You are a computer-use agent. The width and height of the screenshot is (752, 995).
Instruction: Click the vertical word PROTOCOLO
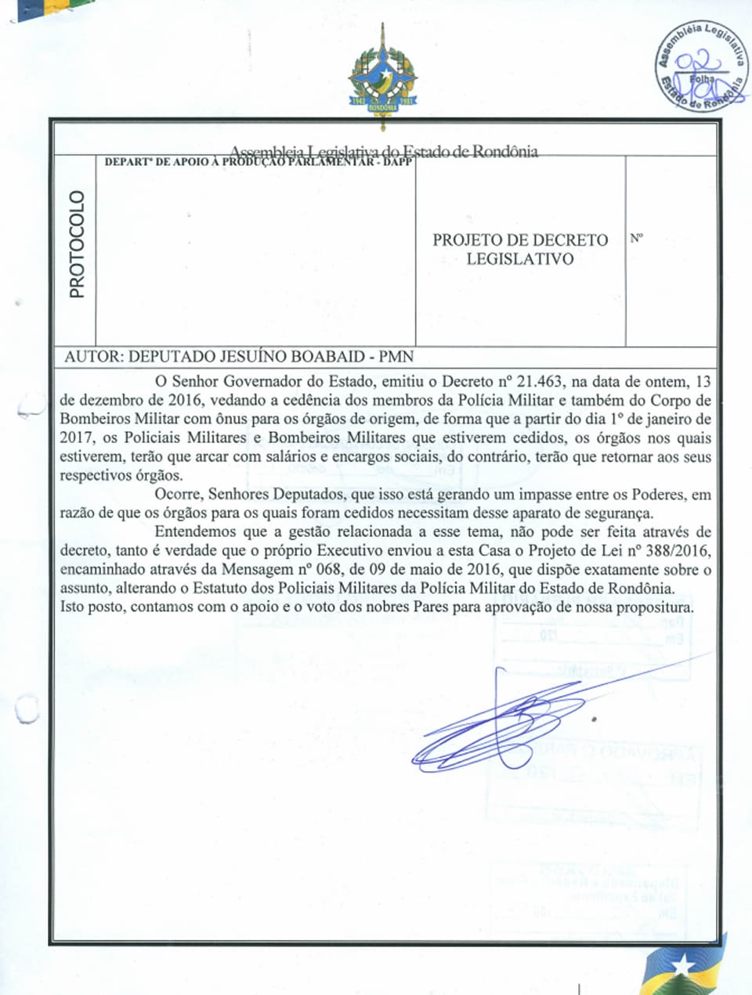(x=76, y=244)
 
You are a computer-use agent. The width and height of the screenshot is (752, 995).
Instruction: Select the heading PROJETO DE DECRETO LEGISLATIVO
(x=520, y=249)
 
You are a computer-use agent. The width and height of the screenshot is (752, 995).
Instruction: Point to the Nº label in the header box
(x=636, y=238)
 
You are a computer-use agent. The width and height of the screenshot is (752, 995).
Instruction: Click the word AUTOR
(x=92, y=356)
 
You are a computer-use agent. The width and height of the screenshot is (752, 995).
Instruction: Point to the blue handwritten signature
(x=501, y=724)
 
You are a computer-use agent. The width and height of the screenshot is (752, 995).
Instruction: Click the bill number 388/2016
(x=677, y=550)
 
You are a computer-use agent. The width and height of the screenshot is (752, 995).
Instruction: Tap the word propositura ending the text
(x=654, y=607)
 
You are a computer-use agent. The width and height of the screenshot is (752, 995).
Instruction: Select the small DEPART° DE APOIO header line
(x=258, y=162)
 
